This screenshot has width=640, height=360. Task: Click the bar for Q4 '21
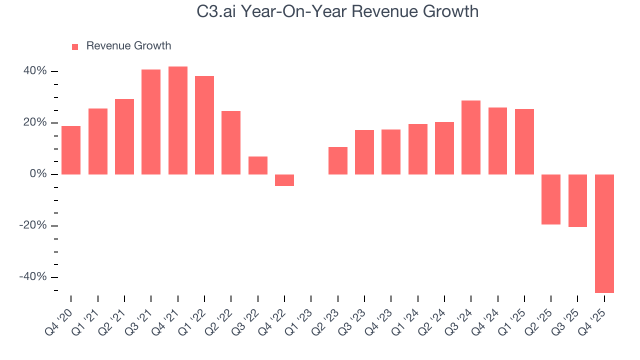click(x=177, y=120)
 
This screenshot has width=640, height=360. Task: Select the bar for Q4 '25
click(x=604, y=233)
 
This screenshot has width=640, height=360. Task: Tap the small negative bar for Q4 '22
click(x=284, y=180)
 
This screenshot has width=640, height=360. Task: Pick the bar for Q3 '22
click(x=257, y=165)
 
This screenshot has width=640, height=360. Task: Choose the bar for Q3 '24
click(x=471, y=137)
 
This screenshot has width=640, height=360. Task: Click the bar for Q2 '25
click(x=551, y=199)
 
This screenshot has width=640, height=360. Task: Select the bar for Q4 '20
click(x=71, y=150)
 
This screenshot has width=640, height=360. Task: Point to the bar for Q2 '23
click(x=337, y=160)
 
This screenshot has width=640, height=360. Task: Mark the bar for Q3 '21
click(x=151, y=122)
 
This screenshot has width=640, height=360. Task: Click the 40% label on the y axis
click(x=35, y=71)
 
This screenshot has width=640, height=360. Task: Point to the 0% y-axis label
click(x=39, y=174)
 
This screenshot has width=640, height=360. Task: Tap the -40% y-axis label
click(x=33, y=277)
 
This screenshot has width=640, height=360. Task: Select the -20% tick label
click(x=33, y=225)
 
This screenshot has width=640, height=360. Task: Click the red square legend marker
click(x=75, y=46)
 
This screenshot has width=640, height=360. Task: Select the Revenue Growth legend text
click(x=128, y=46)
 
